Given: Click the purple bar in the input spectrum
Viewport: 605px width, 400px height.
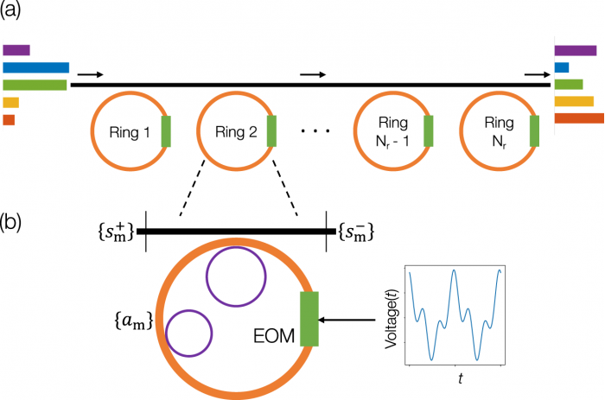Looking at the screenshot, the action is click(16, 50).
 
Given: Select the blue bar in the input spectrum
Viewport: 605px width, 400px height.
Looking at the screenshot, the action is click(36, 67).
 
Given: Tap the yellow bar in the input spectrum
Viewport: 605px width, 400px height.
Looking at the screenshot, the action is click(10, 102).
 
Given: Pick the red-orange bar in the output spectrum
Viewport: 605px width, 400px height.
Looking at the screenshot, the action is click(579, 118).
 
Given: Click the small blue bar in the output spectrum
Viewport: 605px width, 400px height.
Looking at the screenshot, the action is click(562, 67).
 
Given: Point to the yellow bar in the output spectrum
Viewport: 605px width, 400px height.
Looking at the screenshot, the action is click(574, 101).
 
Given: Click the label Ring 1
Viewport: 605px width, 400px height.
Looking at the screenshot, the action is click(130, 132).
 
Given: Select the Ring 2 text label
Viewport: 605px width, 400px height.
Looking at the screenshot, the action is click(236, 132).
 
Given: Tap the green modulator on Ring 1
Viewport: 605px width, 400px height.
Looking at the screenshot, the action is click(166, 131).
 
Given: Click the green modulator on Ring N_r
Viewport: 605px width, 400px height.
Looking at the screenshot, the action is click(534, 131).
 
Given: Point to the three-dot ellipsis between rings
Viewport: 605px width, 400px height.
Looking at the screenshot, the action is click(315, 131).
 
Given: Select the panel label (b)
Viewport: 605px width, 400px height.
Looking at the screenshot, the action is click(10, 223).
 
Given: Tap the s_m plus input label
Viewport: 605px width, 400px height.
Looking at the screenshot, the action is click(116, 232).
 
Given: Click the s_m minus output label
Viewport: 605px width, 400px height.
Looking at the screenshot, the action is click(356, 232).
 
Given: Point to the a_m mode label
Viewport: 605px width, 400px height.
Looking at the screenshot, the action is click(133, 321).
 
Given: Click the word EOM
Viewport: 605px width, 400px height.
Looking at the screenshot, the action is click(274, 336).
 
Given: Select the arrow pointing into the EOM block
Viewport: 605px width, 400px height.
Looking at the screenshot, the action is click(347, 320).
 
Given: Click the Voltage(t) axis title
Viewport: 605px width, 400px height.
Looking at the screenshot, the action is click(392, 315).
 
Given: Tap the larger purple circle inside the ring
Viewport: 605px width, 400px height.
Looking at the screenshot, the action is click(236, 247).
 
